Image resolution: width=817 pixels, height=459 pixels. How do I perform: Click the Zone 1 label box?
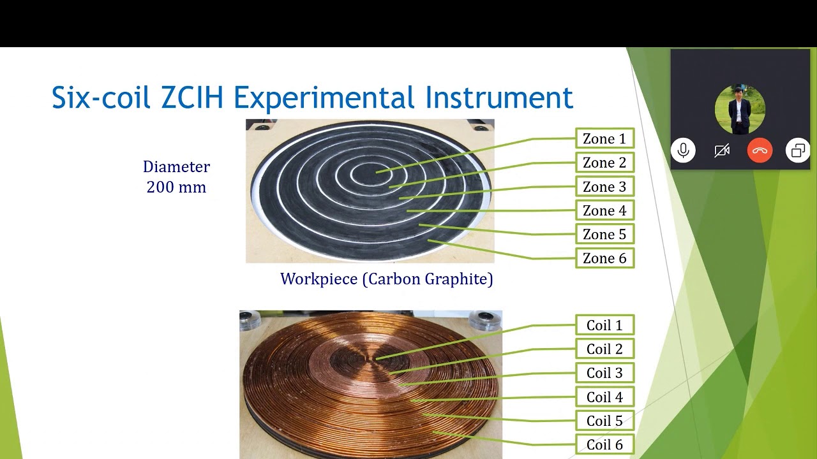tap(604, 138)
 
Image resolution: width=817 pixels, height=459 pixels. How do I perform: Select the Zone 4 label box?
tap(604, 210)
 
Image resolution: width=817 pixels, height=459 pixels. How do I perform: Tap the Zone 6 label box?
tap(604, 258)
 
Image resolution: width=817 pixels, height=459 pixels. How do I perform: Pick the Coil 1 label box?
tap(604, 325)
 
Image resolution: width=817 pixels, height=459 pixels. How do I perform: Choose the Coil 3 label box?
tap(604, 373)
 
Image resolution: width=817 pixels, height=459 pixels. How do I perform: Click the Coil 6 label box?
tap(604, 444)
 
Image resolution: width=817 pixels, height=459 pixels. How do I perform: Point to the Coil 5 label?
tap(604, 421)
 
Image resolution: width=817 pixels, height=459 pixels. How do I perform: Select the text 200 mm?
tap(176, 187)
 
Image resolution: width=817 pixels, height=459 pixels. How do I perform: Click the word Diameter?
tap(176, 167)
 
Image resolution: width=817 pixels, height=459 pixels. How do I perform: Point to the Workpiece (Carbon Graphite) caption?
tap(386, 279)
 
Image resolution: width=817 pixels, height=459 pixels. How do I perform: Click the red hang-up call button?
tap(760, 151)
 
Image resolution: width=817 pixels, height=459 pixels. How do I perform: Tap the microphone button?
tap(683, 151)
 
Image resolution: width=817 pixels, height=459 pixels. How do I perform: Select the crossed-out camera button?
tap(721, 151)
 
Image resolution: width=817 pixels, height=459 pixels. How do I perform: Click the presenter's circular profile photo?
tap(740, 109)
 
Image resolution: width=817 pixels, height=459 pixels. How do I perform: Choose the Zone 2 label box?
tap(604, 163)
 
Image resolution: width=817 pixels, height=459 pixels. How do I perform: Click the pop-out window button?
tap(798, 151)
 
